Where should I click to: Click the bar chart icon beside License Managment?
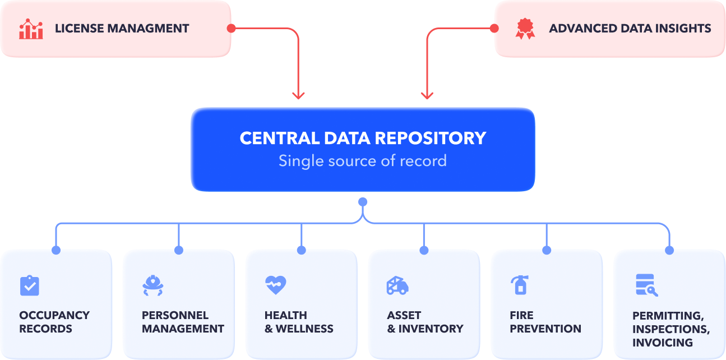click(x=31, y=29)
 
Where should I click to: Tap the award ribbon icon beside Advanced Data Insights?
click(x=525, y=29)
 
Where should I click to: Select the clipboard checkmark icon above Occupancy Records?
click(x=30, y=285)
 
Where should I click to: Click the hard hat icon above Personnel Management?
click(x=152, y=285)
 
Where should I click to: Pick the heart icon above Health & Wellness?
click(x=275, y=285)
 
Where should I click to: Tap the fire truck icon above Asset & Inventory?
click(x=397, y=285)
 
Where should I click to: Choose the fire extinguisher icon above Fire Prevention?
click(x=520, y=285)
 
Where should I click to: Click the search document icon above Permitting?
click(x=646, y=285)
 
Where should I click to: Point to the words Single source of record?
click(x=363, y=161)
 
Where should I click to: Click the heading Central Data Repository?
click(x=363, y=138)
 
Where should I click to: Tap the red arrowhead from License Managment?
click(x=298, y=95)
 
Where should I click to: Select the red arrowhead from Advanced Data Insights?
click(x=427, y=95)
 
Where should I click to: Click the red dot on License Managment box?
click(x=231, y=29)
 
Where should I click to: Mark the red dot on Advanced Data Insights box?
click(x=494, y=29)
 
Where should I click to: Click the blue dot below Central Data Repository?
click(x=363, y=202)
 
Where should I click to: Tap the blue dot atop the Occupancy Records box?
click(x=56, y=250)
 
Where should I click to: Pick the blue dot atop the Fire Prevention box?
click(x=547, y=250)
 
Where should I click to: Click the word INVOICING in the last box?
click(x=663, y=343)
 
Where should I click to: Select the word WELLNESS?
click(x=304, y=329)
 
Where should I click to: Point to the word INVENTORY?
click(x=431, y=329)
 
